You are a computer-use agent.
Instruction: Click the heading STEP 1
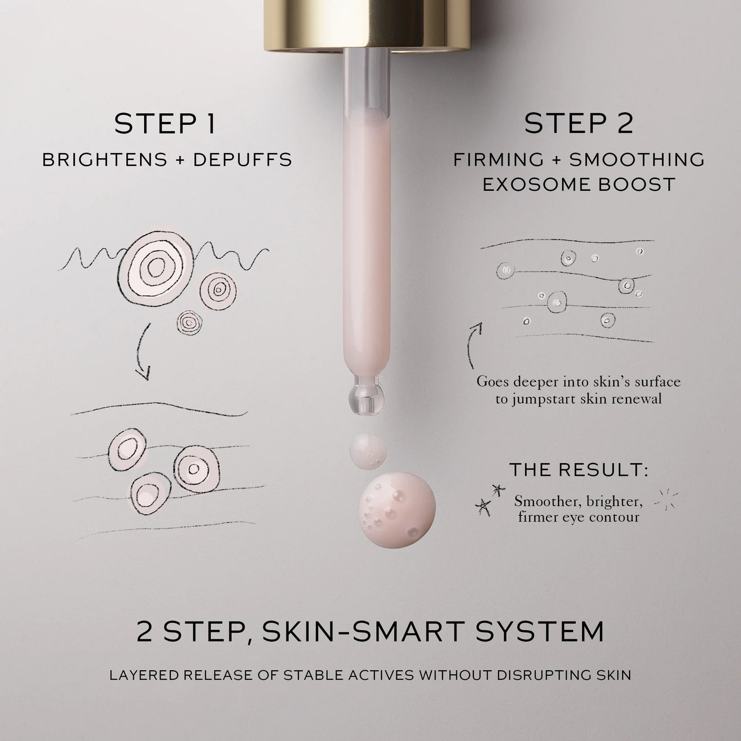[165, 124]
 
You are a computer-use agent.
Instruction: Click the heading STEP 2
[578, 124]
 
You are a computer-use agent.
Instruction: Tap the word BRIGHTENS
[105, 160]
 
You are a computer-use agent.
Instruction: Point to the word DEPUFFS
[243, 160]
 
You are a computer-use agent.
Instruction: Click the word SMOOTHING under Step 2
[637, 160]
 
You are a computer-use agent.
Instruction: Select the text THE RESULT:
[578, 469]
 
